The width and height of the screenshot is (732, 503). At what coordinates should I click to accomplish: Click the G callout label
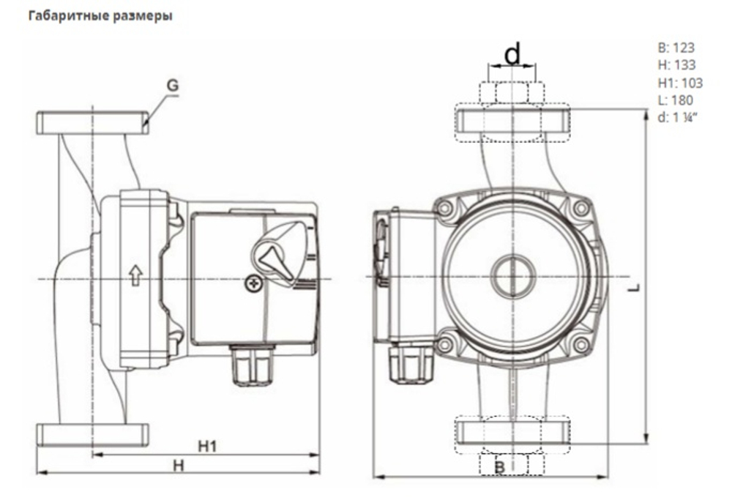tap(171, 86)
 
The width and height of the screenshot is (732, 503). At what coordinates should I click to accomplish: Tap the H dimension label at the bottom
tap(178, 465)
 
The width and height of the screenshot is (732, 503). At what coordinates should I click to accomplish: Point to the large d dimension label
tap(512, 53)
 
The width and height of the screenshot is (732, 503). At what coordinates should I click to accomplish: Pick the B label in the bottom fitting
tap(501, 466)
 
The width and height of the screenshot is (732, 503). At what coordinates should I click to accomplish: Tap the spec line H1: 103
tap(679, 83)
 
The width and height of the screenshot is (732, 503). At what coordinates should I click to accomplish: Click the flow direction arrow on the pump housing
tap(135, 276)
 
